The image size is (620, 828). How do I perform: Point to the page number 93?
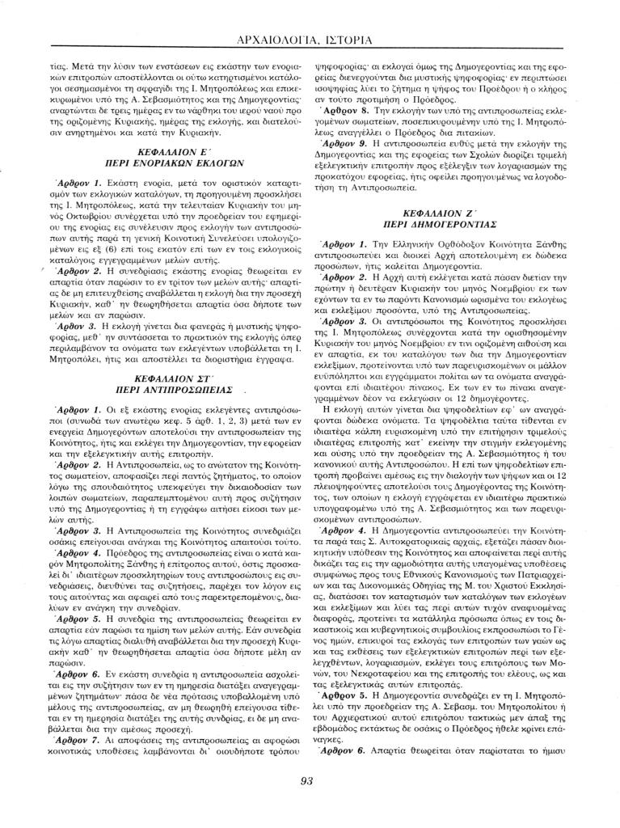point(306,781)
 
